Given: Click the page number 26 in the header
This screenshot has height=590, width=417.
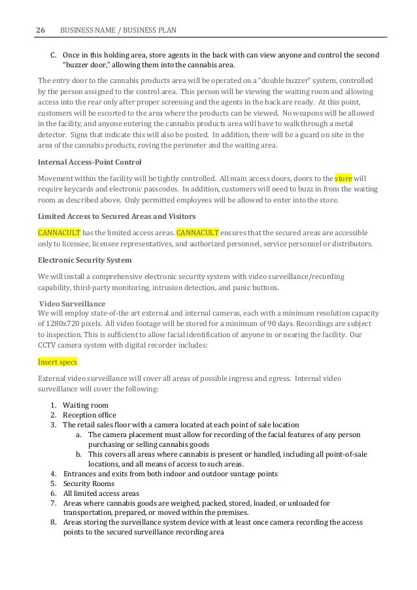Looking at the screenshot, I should point(41,30).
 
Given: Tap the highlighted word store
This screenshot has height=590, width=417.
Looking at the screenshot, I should point(342,177).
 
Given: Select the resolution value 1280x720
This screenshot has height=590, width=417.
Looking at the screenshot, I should point(73,325).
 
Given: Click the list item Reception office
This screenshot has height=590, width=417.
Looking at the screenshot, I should point(90,414).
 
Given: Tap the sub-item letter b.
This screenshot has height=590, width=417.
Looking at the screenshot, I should point(78,454).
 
